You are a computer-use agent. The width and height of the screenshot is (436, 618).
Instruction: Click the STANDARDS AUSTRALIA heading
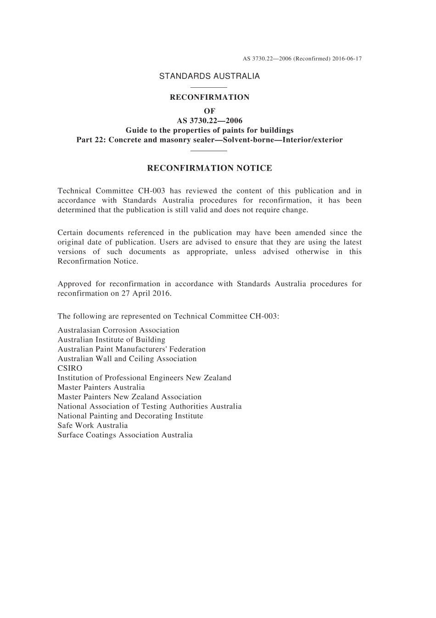209,76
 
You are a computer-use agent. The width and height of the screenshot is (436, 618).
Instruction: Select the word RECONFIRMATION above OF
210,97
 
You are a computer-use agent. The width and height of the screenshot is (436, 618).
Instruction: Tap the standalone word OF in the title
209,111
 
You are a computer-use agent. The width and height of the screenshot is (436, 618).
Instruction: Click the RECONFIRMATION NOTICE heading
209,168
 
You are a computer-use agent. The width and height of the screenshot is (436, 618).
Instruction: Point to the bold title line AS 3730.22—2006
210,121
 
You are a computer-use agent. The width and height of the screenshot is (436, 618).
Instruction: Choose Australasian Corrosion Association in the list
118,330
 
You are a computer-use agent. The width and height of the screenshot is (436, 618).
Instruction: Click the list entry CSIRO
70,369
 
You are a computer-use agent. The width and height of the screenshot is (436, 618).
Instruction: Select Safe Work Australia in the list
93,425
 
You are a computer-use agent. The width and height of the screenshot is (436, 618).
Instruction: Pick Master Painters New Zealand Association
129,397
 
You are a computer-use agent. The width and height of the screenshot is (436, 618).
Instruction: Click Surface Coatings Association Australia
125,435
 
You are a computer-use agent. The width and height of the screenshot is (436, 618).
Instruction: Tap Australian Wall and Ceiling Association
127,359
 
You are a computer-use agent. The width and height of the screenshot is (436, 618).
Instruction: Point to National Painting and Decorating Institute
130,416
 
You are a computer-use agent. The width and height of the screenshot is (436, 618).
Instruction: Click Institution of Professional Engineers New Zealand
144,378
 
